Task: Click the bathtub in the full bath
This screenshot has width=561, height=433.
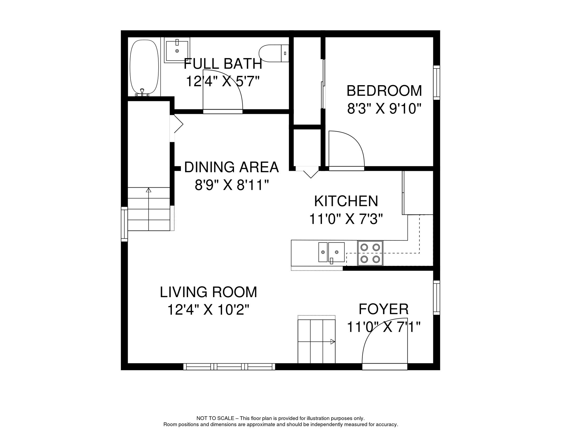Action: point(144,67)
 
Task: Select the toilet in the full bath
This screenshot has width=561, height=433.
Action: point(274,53)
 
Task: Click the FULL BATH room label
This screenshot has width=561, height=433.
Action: point(223,64)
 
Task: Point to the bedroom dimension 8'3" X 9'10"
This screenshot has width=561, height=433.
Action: point(384,109)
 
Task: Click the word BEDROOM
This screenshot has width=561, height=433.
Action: point(384,91)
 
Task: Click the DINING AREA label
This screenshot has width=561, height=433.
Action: point(231,167)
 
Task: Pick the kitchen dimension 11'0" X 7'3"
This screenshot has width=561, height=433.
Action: point(346,219)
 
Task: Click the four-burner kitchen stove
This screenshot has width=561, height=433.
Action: point(370,253)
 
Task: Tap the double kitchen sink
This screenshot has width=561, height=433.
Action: point(332,252)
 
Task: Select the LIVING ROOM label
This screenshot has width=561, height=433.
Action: point(209,292)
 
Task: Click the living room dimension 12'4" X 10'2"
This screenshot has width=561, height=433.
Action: point(209,310)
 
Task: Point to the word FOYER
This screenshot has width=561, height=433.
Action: point(384,309)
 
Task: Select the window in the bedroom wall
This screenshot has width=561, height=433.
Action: point(437,83)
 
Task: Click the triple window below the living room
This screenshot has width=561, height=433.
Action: point(229,366)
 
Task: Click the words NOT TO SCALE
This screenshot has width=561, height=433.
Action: point(215,418)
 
